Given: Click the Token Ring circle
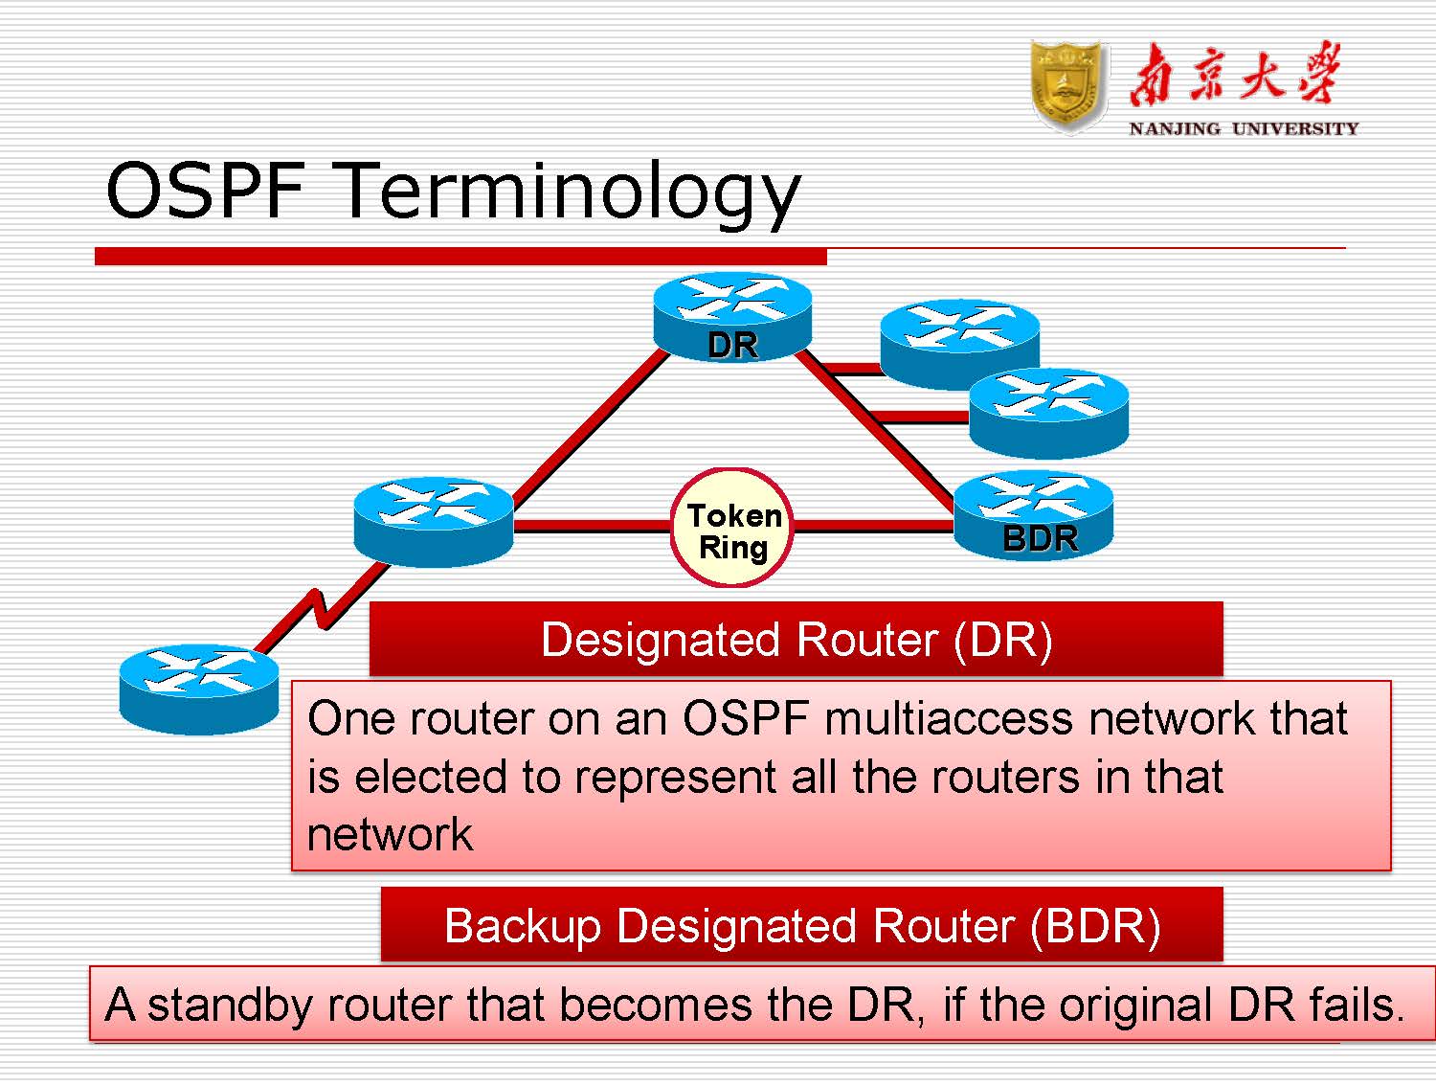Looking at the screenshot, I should point(732,529).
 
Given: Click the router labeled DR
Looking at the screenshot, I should point(732,316).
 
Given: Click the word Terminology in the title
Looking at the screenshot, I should point(570,192).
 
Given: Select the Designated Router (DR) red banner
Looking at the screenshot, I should point(796,639).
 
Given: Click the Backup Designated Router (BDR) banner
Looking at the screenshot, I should point(801,925).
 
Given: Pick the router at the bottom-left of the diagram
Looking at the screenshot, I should point(198,689).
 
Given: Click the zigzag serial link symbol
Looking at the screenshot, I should point(321,607).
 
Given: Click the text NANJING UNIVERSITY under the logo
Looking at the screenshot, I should point(1243,128).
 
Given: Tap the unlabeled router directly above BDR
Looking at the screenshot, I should point(1049,412).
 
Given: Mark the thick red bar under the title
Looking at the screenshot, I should point(460,256).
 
